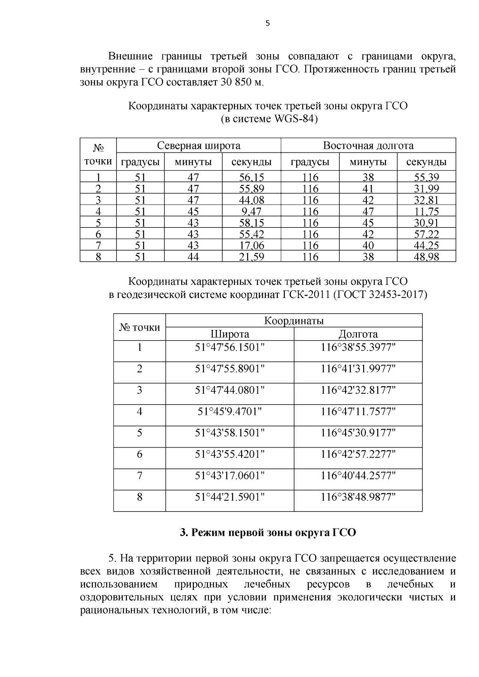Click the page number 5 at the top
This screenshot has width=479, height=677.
click(267, 24)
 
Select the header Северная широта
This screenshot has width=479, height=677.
click(198, 146)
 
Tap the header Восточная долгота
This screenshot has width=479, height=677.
click(368, 146)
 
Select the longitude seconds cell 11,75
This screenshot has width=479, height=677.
click(426, 211)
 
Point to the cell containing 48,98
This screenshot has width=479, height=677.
click(426, 257)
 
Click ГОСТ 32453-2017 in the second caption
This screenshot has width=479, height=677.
click(380, 295)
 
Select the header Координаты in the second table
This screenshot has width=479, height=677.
click(294, 321)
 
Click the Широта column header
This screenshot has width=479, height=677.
click(230, 334)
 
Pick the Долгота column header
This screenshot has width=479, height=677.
click(358, 334)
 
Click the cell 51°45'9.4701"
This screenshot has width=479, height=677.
click(230, 412)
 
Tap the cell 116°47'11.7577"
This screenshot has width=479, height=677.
click(358, 412)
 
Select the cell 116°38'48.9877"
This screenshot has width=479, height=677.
click(358, 497)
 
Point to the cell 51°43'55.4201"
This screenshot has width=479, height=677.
click(230, 454)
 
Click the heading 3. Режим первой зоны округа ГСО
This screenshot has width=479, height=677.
click(268, 533)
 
